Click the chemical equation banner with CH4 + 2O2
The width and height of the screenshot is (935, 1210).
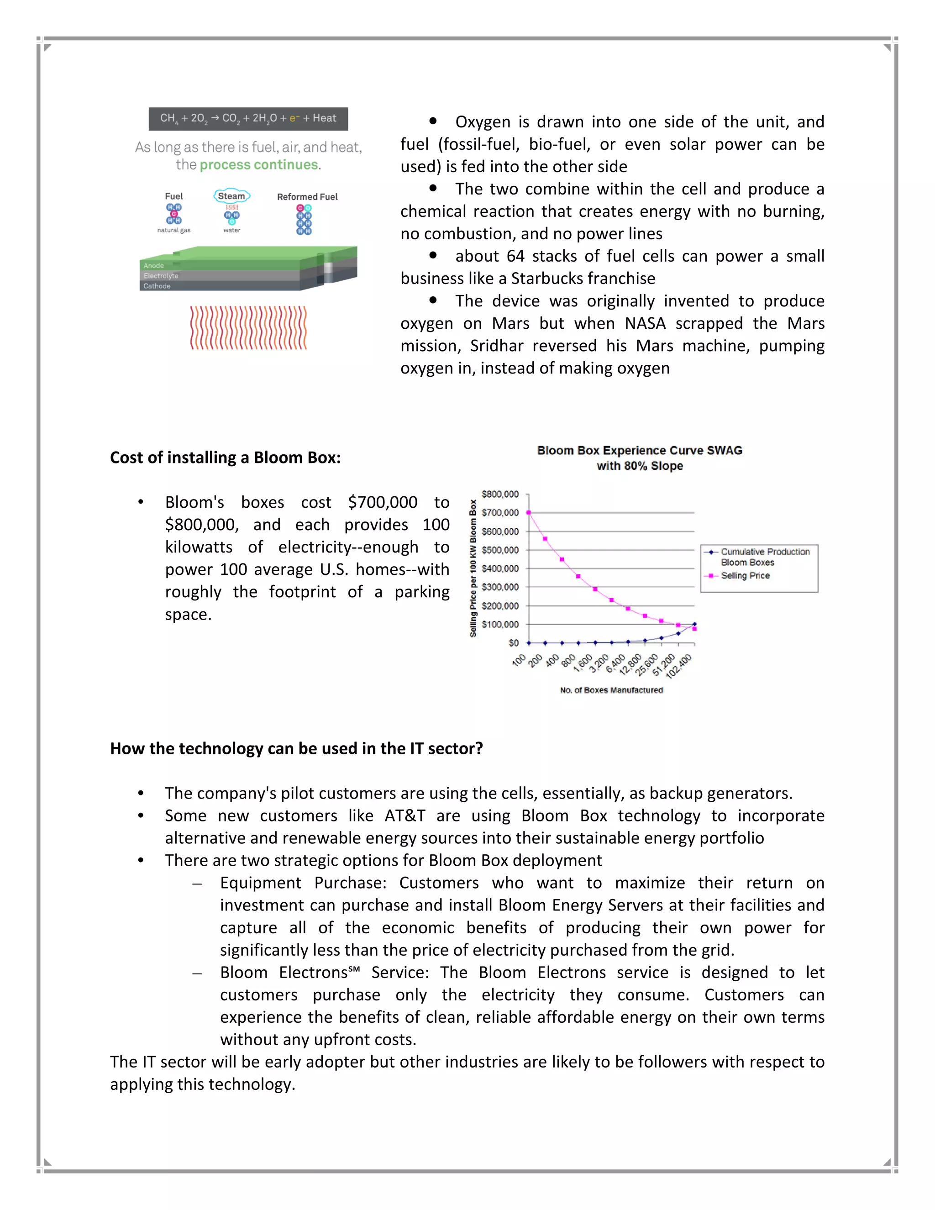click(248, 119)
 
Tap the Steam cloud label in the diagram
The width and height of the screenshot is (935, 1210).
click(231, 196)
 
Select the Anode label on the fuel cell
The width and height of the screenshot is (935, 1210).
click(154, 265)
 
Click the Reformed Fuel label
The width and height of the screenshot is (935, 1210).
click(307, 197)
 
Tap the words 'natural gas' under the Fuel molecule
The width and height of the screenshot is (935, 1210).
click(173, 230)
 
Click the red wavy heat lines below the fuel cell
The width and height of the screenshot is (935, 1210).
click(248, 327)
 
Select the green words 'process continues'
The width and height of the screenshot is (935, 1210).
click(259, 165)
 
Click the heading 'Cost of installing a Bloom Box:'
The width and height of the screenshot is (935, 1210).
click(225, 458)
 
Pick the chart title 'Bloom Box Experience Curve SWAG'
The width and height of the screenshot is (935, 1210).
click(639, 450)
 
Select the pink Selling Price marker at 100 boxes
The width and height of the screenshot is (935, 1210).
click(528, 512)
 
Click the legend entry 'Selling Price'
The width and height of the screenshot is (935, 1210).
click(745, 576)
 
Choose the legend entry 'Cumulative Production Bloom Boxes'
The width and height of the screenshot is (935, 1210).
click(764, 557)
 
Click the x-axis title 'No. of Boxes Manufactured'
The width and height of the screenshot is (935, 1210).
click(611, 690)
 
